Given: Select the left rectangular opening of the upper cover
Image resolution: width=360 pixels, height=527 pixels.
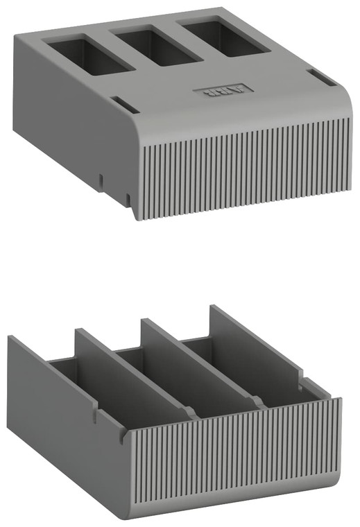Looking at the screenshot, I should (88, 56).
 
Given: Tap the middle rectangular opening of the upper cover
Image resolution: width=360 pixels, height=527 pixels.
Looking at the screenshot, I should (155, 46).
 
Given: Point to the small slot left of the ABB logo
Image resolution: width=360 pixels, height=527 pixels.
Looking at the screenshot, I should (123, 105).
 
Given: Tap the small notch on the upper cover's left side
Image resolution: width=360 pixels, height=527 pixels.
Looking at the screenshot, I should (101, 180).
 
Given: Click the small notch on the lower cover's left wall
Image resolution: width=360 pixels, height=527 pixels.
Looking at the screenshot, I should (94, 419).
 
